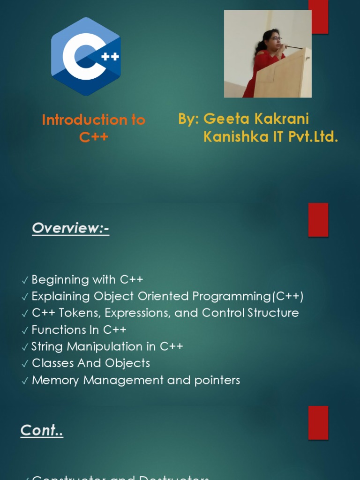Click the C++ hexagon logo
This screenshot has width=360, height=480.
point(86,56)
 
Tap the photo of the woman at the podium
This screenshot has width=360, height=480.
point(268,54)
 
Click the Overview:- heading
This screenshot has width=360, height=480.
point(70,228)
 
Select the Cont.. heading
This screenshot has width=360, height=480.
point(42,430)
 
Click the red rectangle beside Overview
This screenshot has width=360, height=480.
point(318,219)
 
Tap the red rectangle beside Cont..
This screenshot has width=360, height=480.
point(318,422)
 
